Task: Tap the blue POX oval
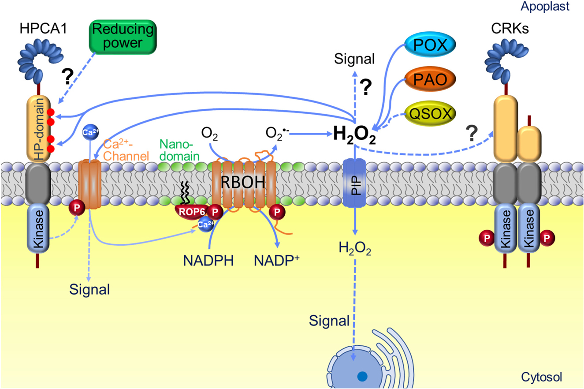(429, 46)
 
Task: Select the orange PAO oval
(429, 80)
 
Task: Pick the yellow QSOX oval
(429, 114)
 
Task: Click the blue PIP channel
(354, 180)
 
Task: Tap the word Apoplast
(558, 6)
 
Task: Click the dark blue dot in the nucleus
(361, 376)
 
